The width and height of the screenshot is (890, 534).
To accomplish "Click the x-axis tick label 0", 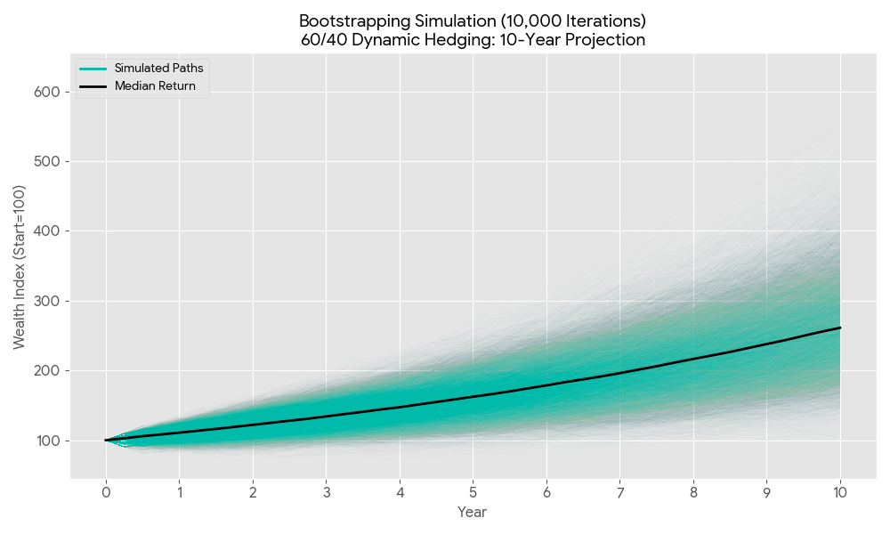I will click(x=106, y=492).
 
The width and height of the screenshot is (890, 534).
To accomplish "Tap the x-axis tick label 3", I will click(x=327, y=492).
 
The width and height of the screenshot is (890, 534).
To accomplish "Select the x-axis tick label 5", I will click(x=473, y=492).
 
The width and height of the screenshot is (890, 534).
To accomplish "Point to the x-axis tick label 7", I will click(x=619, y=492).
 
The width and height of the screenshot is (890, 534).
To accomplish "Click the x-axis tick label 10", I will click(x=840, y=492).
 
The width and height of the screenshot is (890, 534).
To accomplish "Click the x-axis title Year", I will click(x=472, y=513).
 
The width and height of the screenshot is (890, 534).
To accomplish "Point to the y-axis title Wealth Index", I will click(x=20, y=267).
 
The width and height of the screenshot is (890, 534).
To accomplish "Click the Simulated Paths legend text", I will click(x=158, y=69).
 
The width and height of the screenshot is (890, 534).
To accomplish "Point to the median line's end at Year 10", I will click(x=840, y=328).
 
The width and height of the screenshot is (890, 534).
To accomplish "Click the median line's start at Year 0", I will click(x=106, y=441).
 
